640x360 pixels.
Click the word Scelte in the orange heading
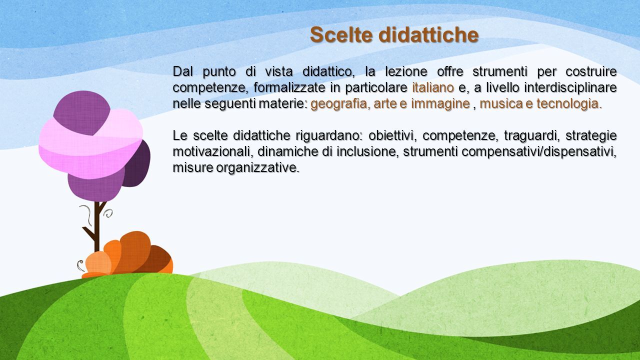tap(341, 35)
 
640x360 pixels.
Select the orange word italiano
tap(433, 87)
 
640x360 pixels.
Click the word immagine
tap(440, 104)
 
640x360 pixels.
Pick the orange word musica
tap(501, 103)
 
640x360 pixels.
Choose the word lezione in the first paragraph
tap(406, 71)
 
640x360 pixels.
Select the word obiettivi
tap(391, 135)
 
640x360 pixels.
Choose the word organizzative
tap(257, 168)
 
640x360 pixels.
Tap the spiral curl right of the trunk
tap(108, 213)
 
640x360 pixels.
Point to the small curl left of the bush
tap(80, 265)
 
